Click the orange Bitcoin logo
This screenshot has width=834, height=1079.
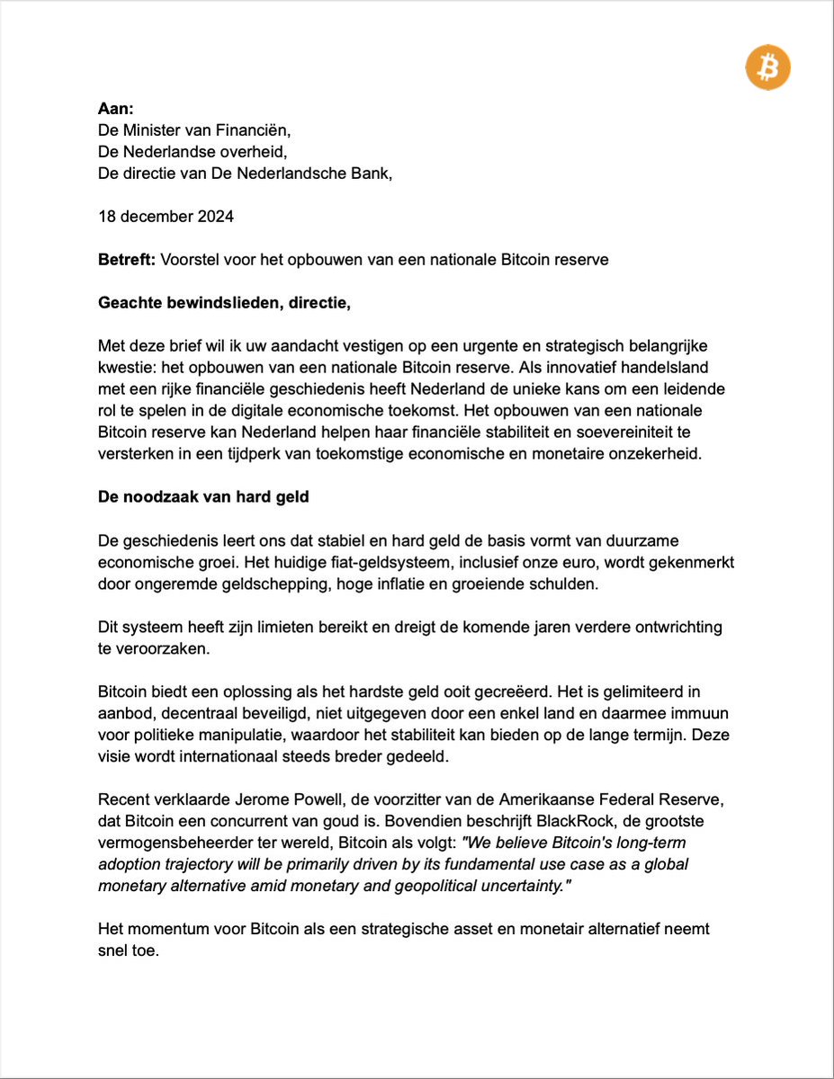767,67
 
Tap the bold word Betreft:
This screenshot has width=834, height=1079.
126,260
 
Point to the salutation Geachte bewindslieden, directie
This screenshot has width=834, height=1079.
224,303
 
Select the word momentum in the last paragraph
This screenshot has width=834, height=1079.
161,929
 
